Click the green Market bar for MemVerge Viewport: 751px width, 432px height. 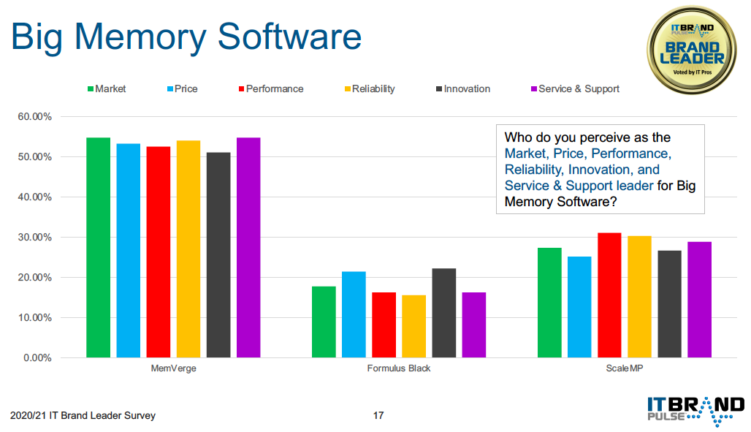(98, 247)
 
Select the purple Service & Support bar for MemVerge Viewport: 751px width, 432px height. (248, 247)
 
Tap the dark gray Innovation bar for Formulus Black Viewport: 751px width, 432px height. (444, 313)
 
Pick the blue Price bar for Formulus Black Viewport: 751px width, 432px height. (354, 314)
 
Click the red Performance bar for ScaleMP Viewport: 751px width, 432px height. (610, 295)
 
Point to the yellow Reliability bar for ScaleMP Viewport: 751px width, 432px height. (640, 297)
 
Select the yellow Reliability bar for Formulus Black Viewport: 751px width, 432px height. (413, 327)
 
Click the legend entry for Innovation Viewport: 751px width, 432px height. (463, 88)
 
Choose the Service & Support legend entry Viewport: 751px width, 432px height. (575, 88)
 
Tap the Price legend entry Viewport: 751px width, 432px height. (183, 88)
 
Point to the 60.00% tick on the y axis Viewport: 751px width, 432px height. (34, 116)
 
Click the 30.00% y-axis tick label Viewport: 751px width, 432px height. (34, 238)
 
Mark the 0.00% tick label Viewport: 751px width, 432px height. (37, 357)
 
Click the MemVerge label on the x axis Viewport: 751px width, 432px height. (173, 368)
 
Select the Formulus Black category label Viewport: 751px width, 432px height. (399, 368)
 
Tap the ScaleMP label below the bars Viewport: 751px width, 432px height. (625, 368)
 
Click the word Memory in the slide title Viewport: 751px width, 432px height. (140, 37)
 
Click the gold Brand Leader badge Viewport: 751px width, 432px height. (692, 50)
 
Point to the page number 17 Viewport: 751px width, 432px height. (378, 415)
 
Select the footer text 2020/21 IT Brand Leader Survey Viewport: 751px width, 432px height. (83, 415)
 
